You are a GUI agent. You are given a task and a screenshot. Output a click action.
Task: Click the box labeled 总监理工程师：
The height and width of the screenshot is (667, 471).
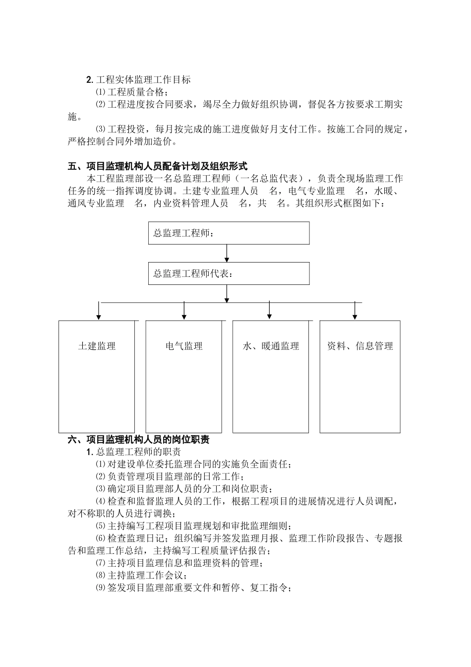[x=229, y=233]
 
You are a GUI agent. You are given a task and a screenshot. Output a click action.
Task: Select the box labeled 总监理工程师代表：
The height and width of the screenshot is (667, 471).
[x=229, y=273]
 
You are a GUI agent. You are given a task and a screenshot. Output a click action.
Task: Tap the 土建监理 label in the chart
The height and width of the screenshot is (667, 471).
[x=97, y=346]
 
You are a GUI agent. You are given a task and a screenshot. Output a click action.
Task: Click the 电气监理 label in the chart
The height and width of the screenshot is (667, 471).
[x=184, y=346]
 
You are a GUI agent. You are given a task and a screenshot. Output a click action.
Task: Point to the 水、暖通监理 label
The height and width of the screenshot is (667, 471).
[x=271, y=346]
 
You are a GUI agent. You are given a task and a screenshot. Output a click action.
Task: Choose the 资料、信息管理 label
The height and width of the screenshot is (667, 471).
[x=359, y=346]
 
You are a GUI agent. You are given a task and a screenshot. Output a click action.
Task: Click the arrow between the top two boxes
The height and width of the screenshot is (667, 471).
[x=227, y=253]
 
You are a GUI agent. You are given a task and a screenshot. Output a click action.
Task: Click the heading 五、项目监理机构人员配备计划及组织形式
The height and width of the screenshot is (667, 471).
[x=157, y=166]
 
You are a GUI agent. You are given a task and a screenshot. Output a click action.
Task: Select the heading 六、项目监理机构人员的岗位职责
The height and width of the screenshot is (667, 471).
[x=138, y=440]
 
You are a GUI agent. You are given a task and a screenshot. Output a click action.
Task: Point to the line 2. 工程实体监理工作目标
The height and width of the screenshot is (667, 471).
[x=138, y=79]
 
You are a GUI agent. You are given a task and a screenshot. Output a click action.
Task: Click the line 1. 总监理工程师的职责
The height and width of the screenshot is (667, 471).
[x=133, y=452]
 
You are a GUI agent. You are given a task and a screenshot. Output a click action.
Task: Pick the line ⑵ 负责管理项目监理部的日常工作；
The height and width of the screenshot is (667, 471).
[x=170, y=476]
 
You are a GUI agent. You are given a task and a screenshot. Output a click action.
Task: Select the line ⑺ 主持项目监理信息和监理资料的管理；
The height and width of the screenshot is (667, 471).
[x=178, y=563]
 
